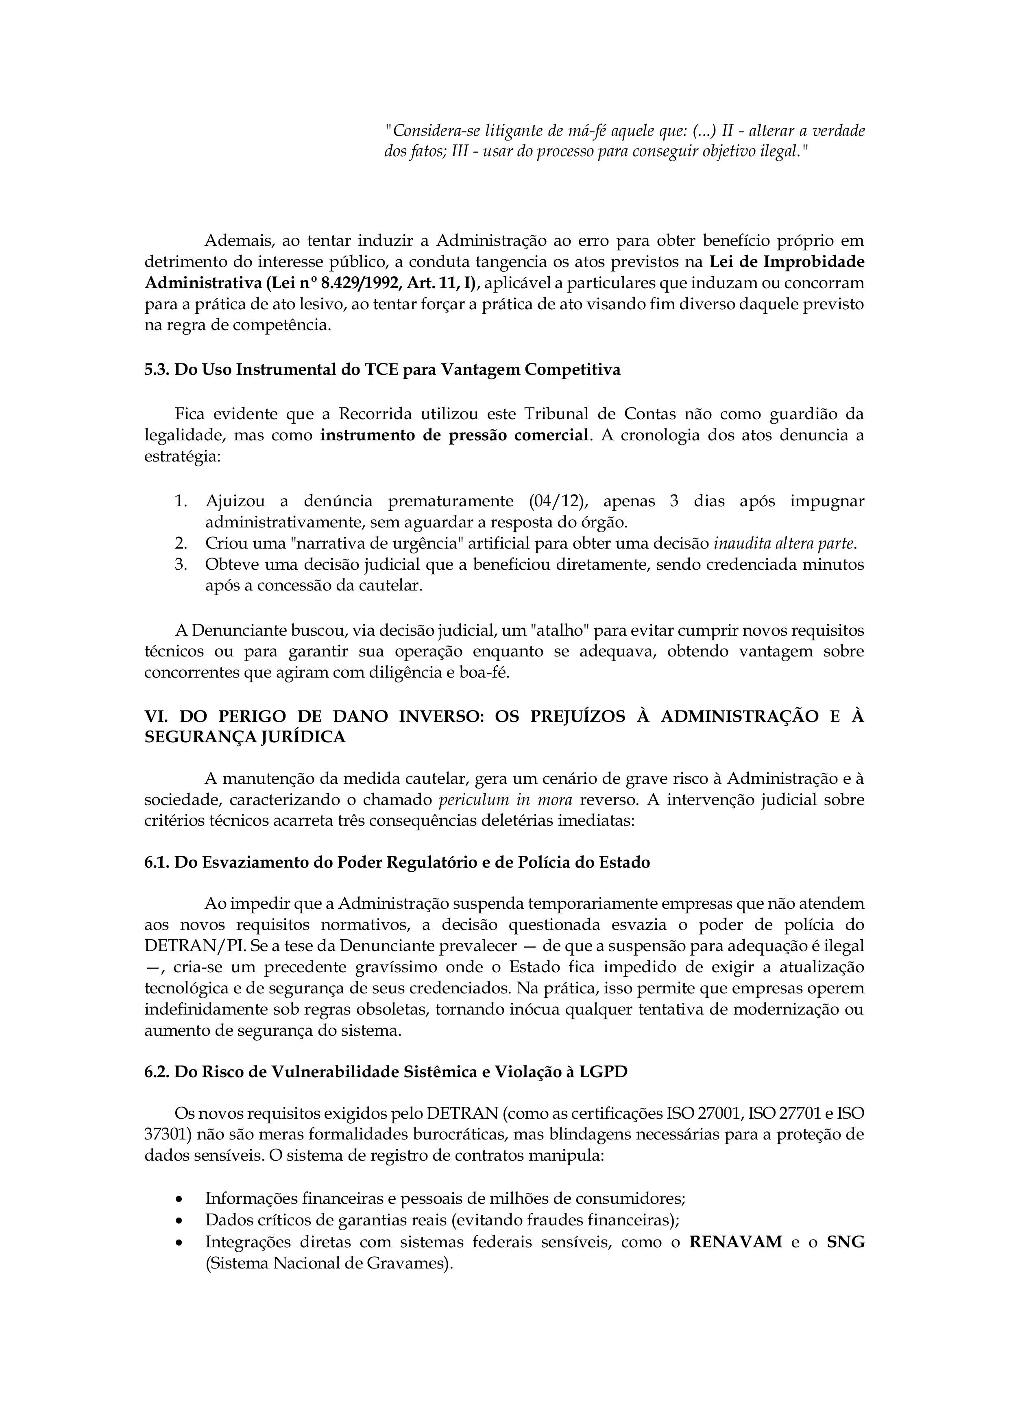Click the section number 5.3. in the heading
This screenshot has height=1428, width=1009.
coord(157,370)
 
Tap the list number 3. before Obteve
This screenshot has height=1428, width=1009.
coord(181,565)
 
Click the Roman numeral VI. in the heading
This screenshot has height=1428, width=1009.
coord(155,717)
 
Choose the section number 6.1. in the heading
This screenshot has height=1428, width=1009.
coord(157,863)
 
